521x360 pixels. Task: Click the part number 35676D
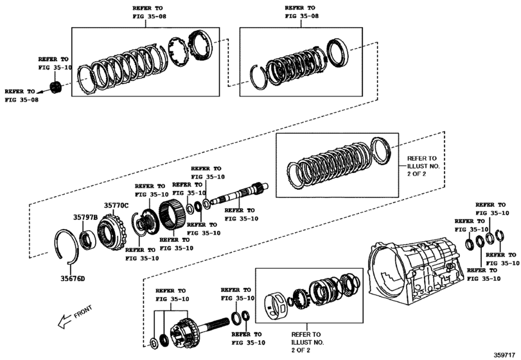point(73,278)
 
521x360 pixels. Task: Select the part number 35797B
point(85,218)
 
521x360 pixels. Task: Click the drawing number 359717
point(504,354)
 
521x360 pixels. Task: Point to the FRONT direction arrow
point(64,320)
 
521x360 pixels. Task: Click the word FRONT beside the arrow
point(83,313)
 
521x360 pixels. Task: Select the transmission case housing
point(414,270)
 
